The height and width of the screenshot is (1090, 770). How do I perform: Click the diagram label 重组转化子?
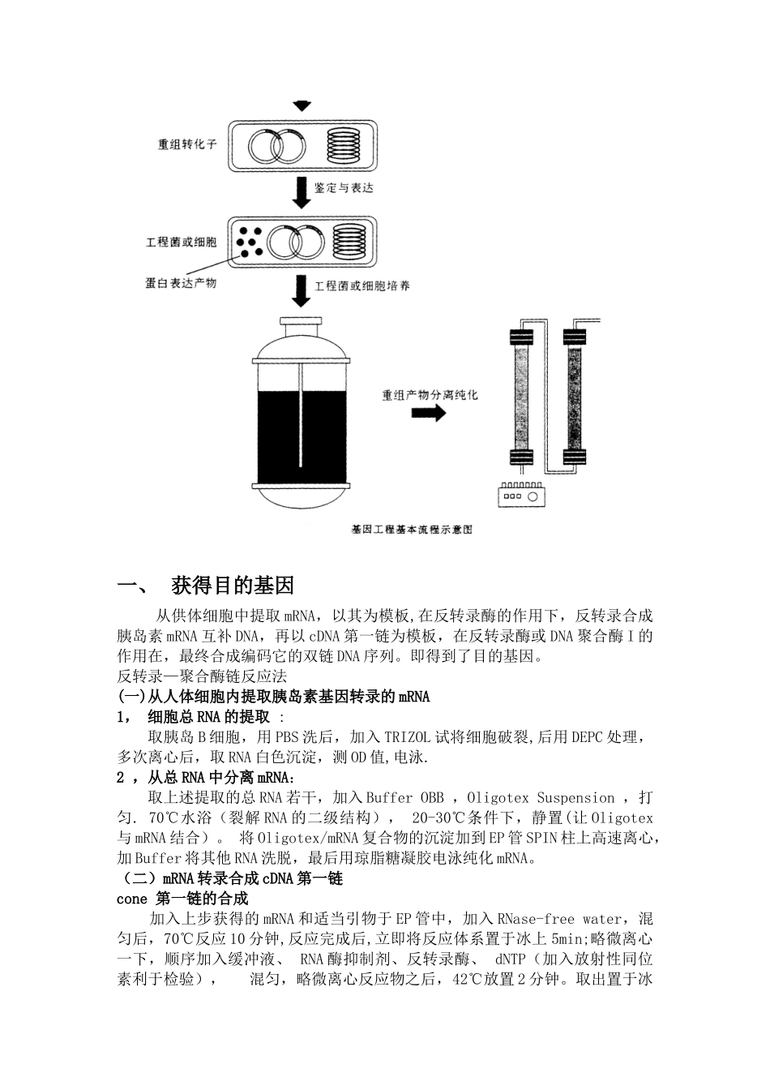[187, 147]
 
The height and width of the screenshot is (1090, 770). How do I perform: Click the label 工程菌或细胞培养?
[361, 286]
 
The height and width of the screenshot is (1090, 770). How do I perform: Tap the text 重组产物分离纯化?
[430, 395]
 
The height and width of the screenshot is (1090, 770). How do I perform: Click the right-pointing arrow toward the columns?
[428, 414]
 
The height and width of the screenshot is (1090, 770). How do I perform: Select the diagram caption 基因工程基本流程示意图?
[412, 530]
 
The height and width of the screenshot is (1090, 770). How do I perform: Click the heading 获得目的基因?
[233, 586]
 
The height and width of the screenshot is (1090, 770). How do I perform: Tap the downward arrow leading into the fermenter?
[302, 292]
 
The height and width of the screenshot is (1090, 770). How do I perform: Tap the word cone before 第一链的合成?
[132, 899]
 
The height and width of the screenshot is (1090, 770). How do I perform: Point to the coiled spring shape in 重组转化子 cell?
[344, 146]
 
